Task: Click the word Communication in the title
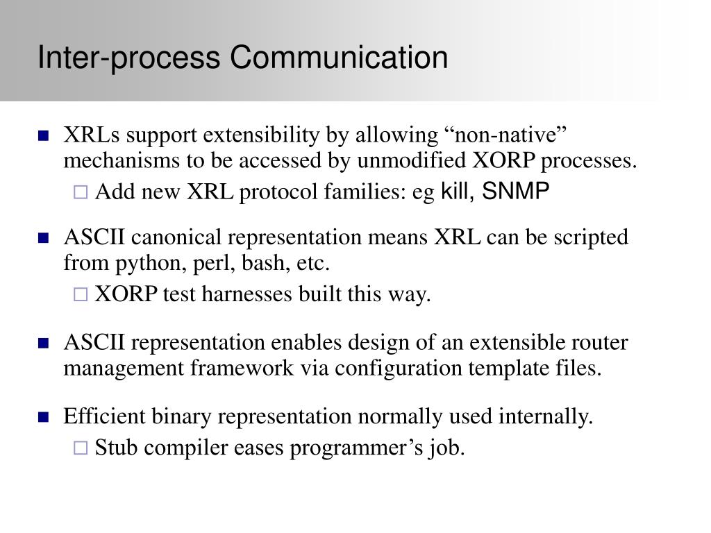pos(339,57)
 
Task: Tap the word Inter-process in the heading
pos(128,58)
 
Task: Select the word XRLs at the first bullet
pos(92,135)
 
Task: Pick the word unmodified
pos(411,160)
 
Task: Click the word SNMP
pos(516,191)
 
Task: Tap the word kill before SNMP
pos(455,191)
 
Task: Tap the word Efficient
pos(104,416)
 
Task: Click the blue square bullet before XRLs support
pos(44,135)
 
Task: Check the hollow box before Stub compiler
pos(81,448)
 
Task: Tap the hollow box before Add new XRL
pos(81,192)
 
